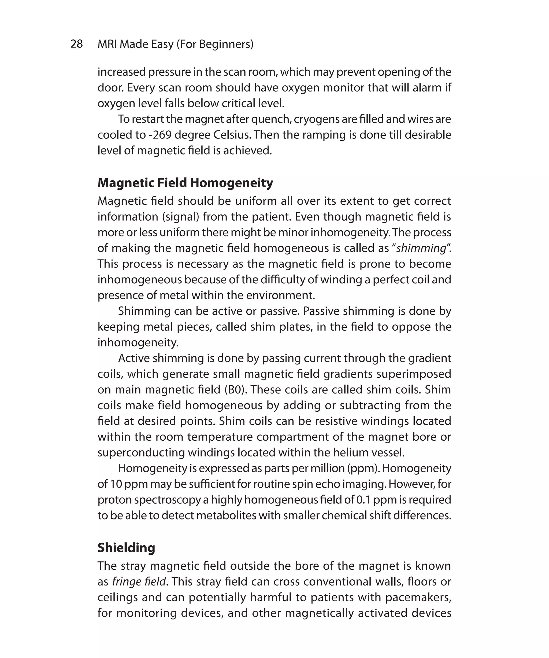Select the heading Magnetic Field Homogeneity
point(185,183)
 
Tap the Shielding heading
point(126,547)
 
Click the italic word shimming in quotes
point(421,248)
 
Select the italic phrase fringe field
point(139,582)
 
